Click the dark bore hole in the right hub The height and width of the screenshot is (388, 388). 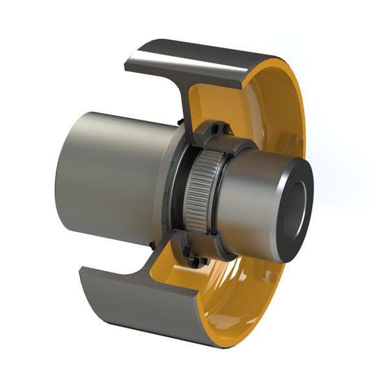(297, 206)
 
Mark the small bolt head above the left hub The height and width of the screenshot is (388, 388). (177, 121)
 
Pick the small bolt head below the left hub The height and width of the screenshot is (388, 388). (151, 244)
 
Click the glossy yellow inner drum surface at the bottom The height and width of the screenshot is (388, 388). (239, 304)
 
